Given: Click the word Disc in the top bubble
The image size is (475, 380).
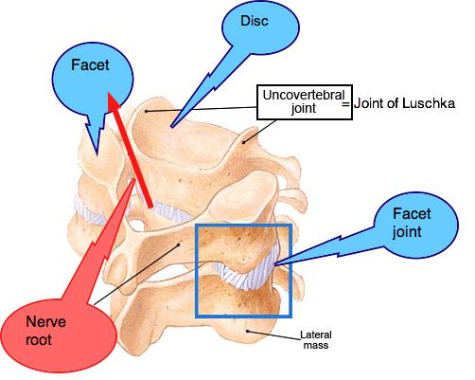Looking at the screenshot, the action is click(255, 21).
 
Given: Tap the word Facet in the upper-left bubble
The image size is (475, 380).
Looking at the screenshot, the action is click(90, 65).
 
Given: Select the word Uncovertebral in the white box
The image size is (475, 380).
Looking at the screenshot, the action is click(304, 95).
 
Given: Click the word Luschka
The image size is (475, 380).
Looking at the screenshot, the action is click(429, 103).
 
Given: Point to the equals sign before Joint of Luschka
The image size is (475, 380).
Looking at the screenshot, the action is click(346, 104).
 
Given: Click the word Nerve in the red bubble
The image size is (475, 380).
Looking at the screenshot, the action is click(46, 322).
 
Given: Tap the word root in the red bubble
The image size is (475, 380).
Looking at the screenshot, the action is click(39, 340).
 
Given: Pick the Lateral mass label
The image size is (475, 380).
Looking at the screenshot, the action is click(316, 339).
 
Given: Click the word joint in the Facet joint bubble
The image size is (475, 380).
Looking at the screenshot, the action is click(407, 232).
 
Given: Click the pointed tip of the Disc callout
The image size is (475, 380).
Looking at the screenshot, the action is click(171, 127).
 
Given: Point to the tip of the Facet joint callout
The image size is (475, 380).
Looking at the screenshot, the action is click(275, 264).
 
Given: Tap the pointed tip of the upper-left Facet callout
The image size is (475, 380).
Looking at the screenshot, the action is click(97, 155).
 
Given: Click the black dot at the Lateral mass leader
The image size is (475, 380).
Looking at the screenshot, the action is click(248, 331).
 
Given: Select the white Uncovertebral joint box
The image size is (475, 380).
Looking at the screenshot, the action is click(305, 102).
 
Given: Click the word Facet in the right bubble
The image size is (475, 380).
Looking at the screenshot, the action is click(412, 214).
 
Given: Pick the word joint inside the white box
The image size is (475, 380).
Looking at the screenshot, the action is click(304, 109).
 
